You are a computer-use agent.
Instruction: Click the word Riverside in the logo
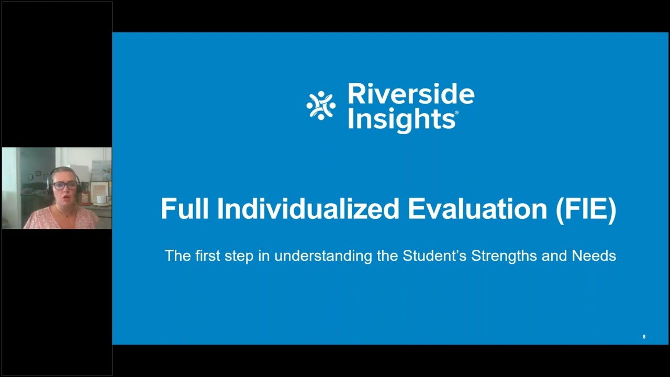tap(411, 94)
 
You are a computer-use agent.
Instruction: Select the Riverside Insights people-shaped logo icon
tap(321, 105)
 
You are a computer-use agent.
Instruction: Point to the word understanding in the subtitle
tap(322, 256)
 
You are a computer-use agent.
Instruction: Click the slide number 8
tap(644, 337)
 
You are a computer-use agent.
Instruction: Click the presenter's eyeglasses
tap(64, 185)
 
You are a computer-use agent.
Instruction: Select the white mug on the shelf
tap(99, 199)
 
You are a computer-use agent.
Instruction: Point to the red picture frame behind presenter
tap(84, 197)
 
